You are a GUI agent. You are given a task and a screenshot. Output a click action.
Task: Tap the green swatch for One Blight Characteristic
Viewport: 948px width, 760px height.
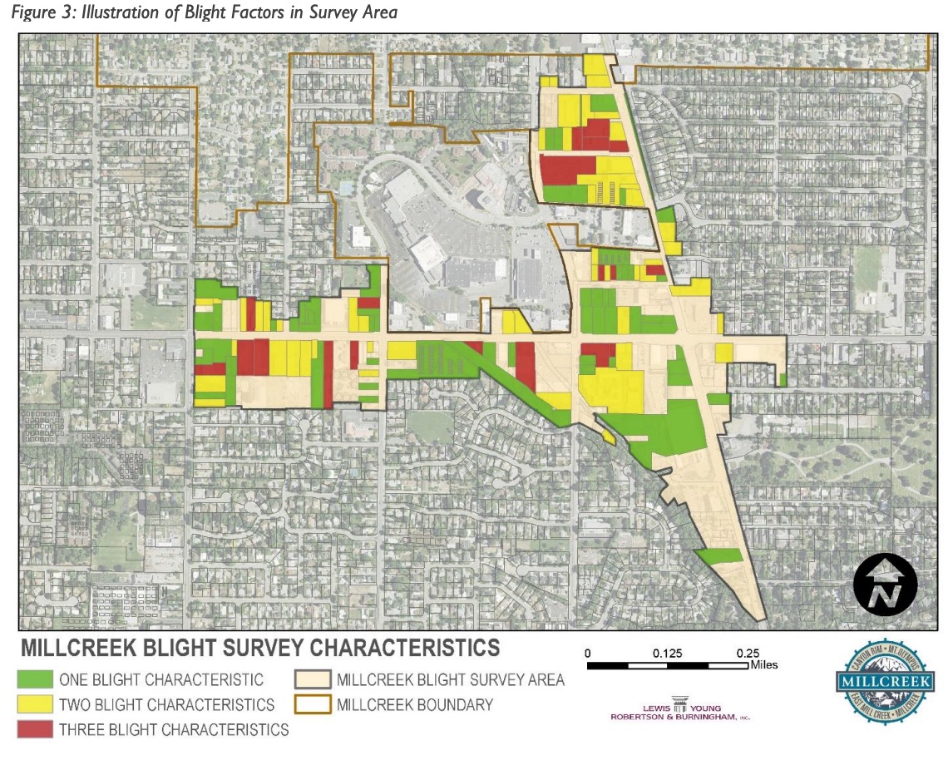[x=35, y=679]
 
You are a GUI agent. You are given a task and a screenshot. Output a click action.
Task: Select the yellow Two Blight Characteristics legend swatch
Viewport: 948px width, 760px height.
[x=35, y=704]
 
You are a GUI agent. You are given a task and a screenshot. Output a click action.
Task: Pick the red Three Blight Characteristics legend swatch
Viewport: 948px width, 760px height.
[x=35, y=729]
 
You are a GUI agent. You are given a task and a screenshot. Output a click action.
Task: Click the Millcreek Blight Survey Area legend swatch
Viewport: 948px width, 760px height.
[x=311, y=679]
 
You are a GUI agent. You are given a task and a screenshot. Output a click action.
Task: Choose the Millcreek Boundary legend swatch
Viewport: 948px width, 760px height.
[x=311, y=704]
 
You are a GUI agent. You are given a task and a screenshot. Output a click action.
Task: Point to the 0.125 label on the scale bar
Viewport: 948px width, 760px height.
[x=668, y=654]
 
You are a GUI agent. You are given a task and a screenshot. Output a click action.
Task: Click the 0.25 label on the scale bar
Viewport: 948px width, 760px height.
[x=748, y=654]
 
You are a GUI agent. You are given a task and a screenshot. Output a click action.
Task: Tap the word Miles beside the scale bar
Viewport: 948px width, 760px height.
[x=764, y=664]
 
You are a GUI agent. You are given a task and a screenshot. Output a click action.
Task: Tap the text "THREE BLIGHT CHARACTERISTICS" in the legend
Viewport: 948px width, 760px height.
[x=174, y=730]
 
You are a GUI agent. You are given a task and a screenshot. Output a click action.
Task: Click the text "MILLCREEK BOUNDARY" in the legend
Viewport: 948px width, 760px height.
[x=415, y=705]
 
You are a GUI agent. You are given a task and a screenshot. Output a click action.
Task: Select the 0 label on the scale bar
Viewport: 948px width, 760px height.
[x=588, y=654]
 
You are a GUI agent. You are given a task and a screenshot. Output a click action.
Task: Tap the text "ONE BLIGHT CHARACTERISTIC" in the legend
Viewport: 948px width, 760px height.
[x=161, y=680]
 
